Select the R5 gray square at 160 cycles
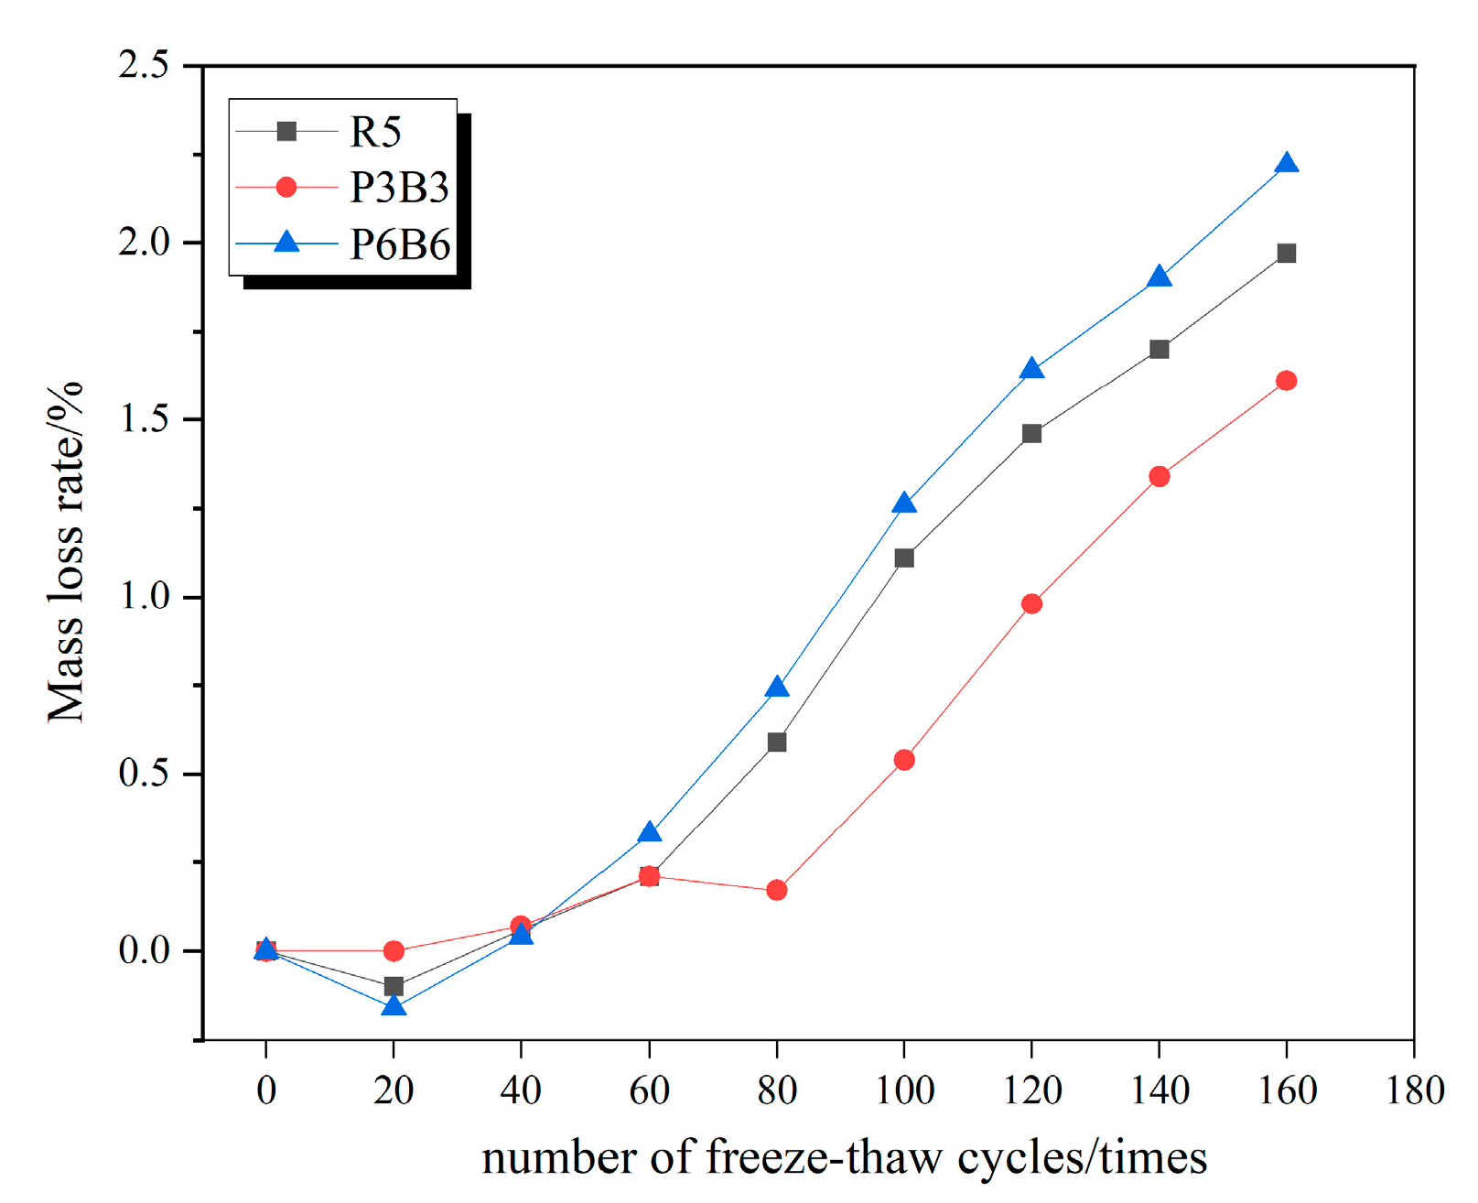pos(1286,254)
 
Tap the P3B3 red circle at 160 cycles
pos(1286,381)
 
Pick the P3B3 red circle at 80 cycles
pos(776,890)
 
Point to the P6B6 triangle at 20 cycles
pos(394,1006)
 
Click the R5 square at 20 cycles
pos(394,986)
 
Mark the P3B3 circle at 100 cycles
pos(904,760)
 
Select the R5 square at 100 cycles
pos(904,558)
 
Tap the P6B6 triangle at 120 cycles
pos(1031,370)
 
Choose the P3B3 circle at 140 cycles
pos(1159,476)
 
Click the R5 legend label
pos(375,133)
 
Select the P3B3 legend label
pos(399,189)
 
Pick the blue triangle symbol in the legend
pos(286,243)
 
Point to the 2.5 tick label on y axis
pos(144,66)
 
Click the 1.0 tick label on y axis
pos(144,597)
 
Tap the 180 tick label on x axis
pos(1414,1091)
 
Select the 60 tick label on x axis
pos(649,1091)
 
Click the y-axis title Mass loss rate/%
pos(66,553)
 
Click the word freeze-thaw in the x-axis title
pos(824,1159)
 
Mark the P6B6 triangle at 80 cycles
pos(776,688)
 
